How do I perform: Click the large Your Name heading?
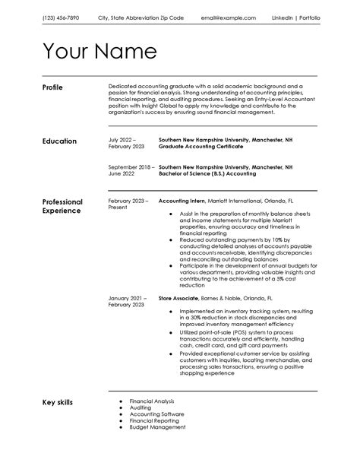click(x=99, y=52)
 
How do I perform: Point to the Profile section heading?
click(x=53, y=87)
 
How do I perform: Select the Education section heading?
click(x=59, y=141)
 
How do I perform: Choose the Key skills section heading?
click(x=58, y=401)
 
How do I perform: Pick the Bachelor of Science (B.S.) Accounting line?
click(x=204, y=173)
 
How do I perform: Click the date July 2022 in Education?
click(x=122, y=141)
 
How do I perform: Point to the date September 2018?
click(x=130, y=166)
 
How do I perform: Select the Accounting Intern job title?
click(x=182, y=201)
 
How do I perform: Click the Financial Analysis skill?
click(x=151, y=401)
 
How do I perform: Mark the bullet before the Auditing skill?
click(x=121, y=407)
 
